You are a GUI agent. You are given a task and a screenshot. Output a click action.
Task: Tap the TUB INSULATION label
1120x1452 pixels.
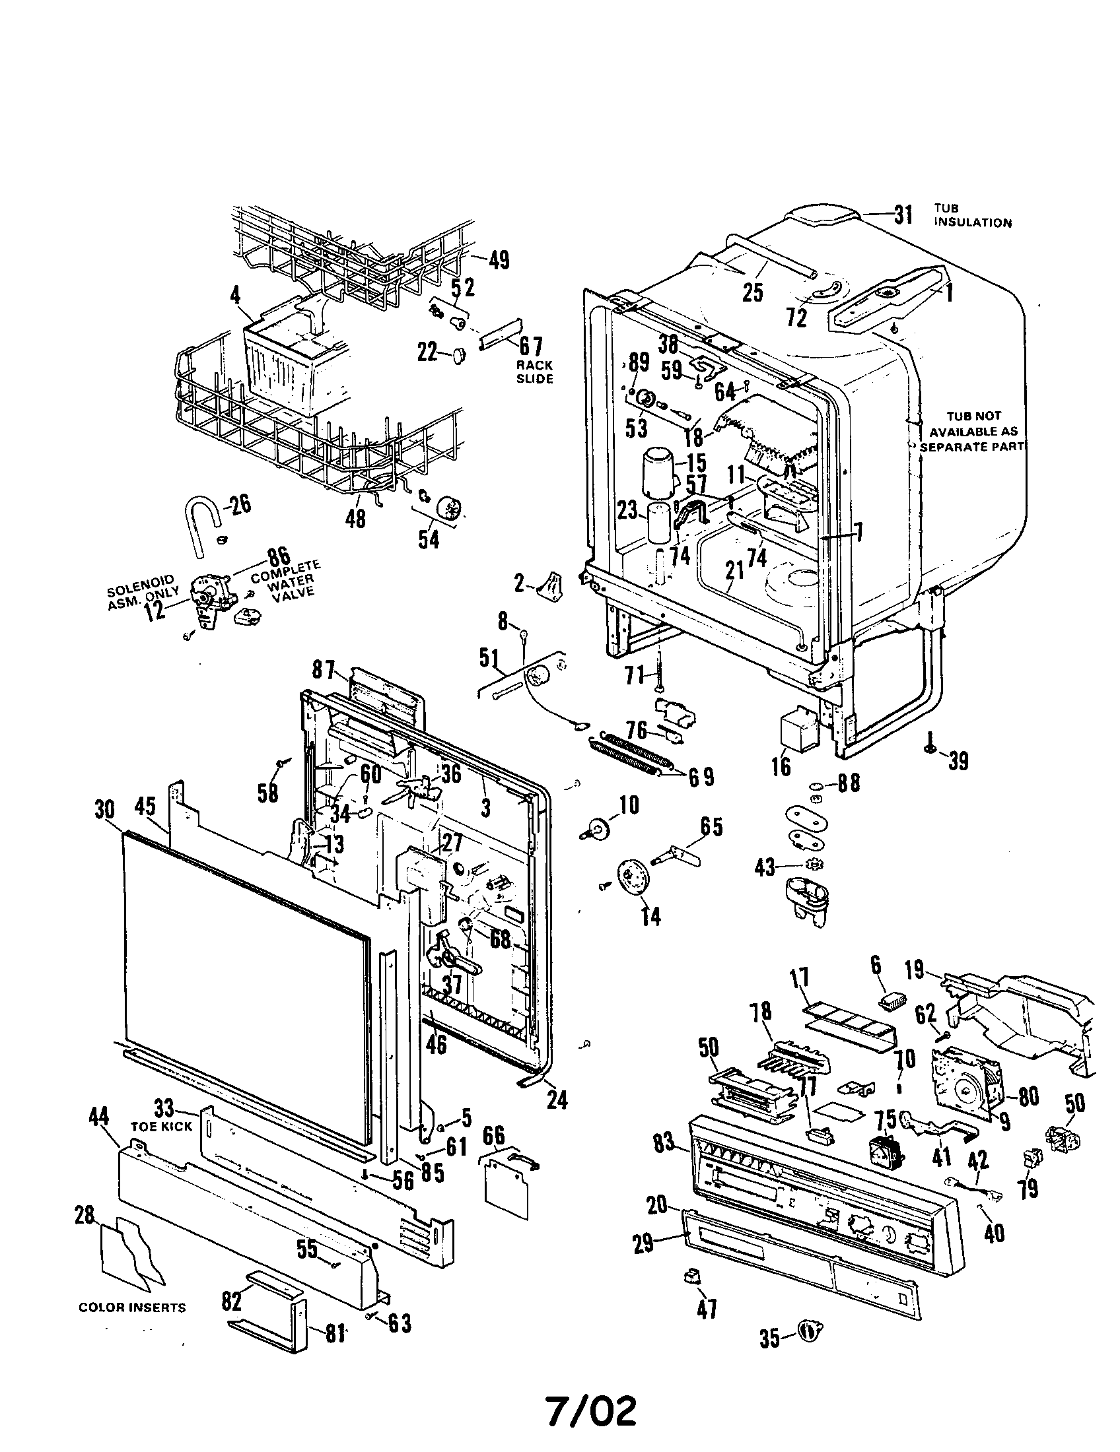(971, 215)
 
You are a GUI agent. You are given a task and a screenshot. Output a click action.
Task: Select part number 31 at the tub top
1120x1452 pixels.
(903, 214)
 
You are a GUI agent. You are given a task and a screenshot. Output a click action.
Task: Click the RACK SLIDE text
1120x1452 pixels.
(535, 372)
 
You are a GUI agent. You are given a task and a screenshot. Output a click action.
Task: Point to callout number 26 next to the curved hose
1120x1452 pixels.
(240, 505)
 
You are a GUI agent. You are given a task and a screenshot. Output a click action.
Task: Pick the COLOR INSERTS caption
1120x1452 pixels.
(132, 1307)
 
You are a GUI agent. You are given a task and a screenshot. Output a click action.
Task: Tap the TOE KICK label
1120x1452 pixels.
(162, 1126)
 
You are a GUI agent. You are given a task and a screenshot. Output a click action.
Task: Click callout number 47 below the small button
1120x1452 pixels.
(707, 1308)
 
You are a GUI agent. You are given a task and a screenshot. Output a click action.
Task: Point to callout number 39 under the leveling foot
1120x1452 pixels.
(958, 761)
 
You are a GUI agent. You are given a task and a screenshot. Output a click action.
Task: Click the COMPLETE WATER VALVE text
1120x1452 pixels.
(286, 580)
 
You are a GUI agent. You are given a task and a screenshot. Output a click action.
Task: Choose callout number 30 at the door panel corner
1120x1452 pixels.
(104, 810)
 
